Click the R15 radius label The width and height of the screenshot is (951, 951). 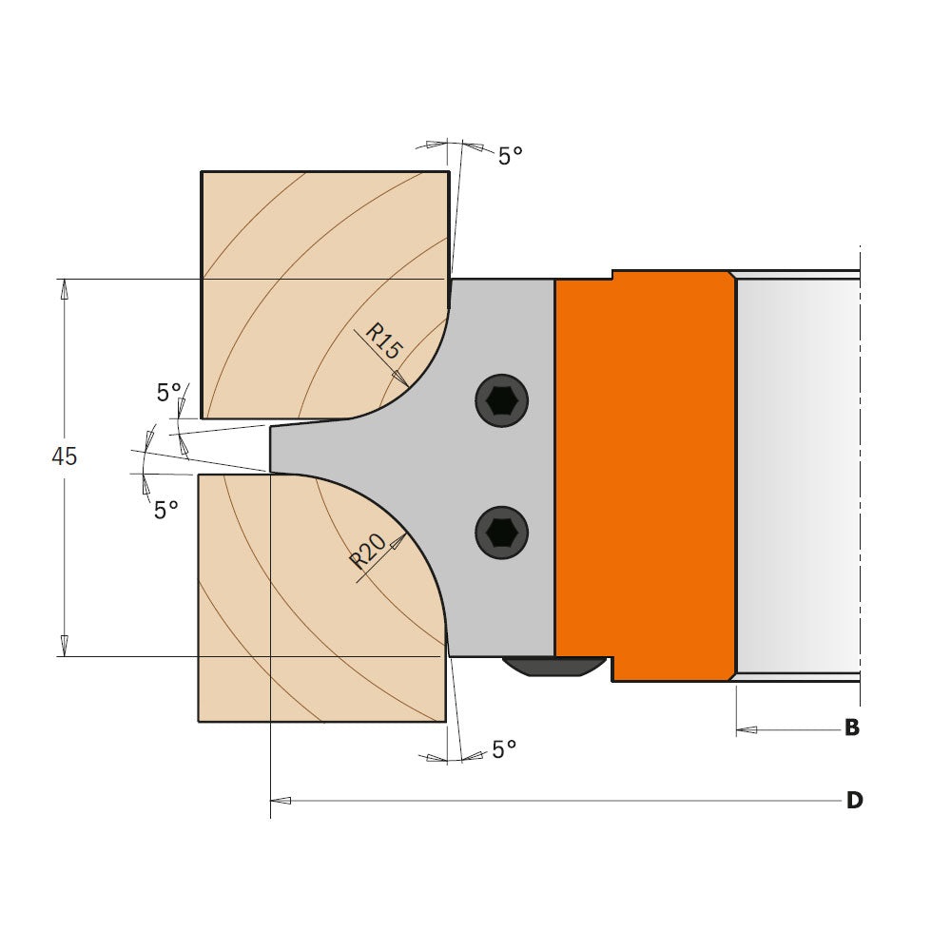384,340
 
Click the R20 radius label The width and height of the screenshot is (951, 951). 369,551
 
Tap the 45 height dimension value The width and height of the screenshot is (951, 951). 64,456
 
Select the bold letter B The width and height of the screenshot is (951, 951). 852,728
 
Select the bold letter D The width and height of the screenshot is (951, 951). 854,801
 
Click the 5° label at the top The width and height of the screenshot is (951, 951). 511,156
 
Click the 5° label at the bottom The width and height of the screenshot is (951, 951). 504,750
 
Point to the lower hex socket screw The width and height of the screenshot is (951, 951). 501,533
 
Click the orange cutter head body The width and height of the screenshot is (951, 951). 645,475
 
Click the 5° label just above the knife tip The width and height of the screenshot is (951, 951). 168,392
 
